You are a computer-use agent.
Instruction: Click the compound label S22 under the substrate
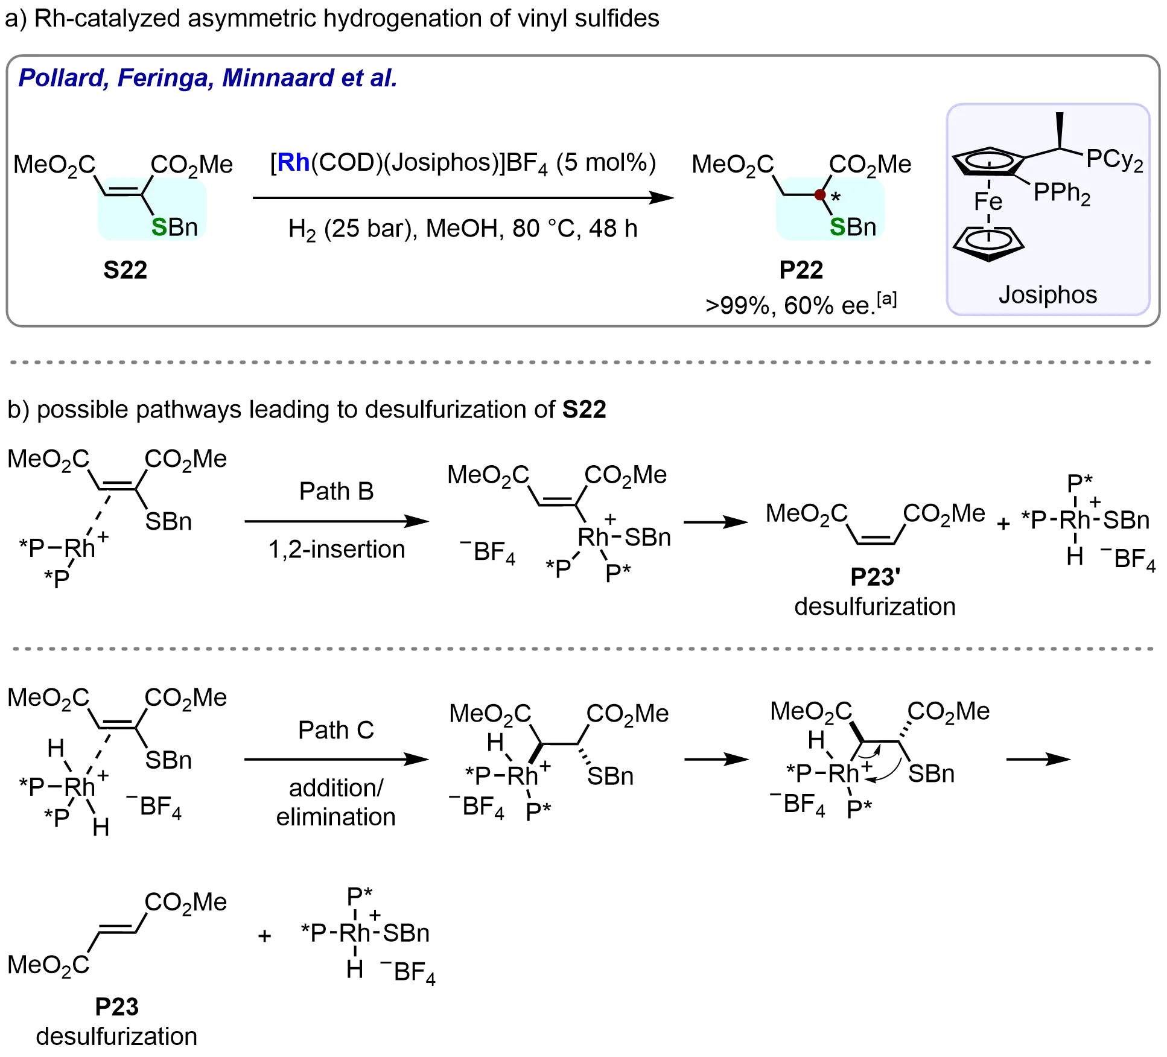(x=125, y=270)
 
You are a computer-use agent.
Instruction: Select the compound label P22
(x=800, y=270)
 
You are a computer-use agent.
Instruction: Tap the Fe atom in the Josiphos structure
(x=988, y=202)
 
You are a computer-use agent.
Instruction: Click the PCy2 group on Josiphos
(x=1114, y=160)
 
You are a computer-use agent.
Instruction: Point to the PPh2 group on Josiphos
(x=1061, y=193)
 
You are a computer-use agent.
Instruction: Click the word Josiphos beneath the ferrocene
(x=1048, y=295)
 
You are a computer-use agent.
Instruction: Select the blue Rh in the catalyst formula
(x=293, y=162)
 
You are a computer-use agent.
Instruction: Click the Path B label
(x=337, y=491)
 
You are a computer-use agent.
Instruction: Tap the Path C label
(x=337, y=730)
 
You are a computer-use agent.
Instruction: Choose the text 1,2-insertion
(x=337, y=550)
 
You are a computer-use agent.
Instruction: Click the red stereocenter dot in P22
(x=819, y=194)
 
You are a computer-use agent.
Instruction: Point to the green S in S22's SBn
(x=159, y=227)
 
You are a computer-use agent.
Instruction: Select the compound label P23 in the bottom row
(x=118, y=1006)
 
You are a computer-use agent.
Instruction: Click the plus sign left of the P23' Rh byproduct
(x=1003, y=523)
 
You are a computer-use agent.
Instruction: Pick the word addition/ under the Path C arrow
(x=335, y=788)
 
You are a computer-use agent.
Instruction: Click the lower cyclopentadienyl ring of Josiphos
(x=988, y=244)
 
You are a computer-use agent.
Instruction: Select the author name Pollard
(x=63, y=78)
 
